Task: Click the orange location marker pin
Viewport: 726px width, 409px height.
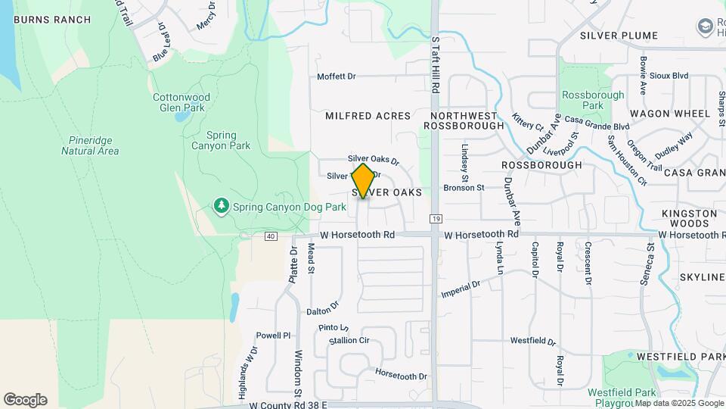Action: pos(364,181)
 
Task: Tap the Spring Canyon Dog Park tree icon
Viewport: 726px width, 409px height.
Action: pos(221,206)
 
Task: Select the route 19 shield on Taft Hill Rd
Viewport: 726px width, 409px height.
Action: pos(436,219)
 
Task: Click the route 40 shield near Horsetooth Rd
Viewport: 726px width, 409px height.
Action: pos(271,236)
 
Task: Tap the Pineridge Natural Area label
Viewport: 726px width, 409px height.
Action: pos(90,145)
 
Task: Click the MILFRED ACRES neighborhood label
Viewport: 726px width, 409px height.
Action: pos(368,116)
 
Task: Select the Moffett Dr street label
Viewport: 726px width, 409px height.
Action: pos(336,76)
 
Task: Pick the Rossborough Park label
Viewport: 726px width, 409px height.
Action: pos(593,100)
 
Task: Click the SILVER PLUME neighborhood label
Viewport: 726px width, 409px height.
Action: pos(619,36)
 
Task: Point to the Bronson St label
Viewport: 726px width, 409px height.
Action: pos(463,187)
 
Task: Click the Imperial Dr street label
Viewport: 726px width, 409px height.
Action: pos(461,289)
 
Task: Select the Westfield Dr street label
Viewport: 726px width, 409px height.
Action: pos(532,342)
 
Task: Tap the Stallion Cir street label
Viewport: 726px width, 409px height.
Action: pos(349,341)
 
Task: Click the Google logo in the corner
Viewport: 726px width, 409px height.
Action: pos(25,400)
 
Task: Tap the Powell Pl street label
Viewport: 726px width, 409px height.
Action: pos(273,336)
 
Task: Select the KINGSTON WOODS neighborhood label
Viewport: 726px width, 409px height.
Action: pos(689,219)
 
